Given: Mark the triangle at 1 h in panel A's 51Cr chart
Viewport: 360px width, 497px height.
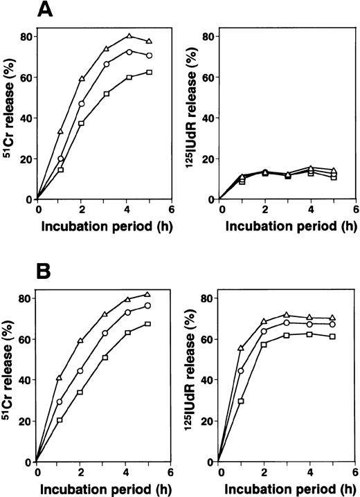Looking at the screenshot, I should click(60, 132).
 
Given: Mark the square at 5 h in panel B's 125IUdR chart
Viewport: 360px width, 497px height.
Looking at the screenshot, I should click(332, 336).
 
